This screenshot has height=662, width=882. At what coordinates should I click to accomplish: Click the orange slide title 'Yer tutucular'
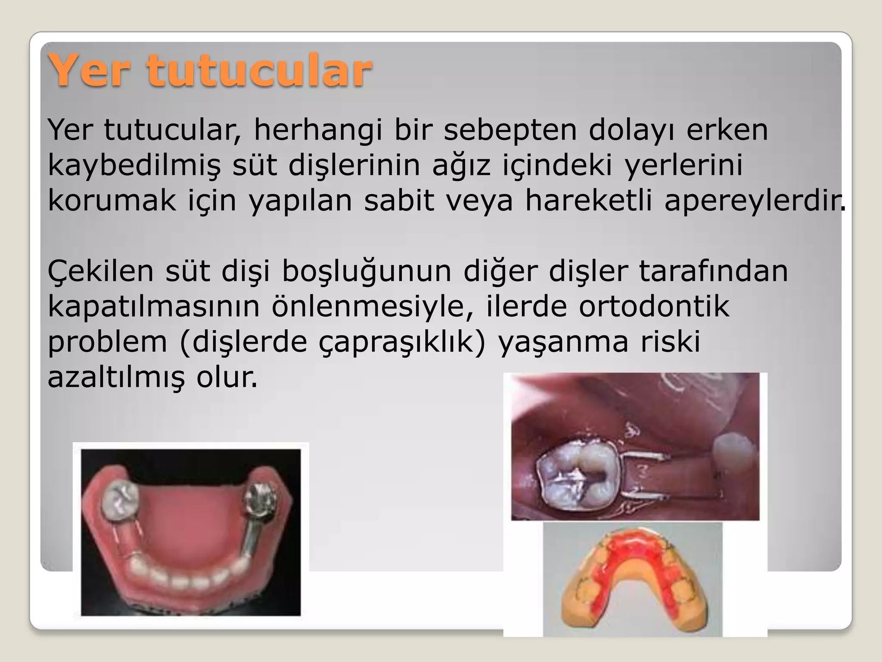(x=210, y=70)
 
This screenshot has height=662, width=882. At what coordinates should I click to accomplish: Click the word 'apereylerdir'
(x=754, y=201)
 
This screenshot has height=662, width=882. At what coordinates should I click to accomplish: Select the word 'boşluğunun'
(x=366, y=272)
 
